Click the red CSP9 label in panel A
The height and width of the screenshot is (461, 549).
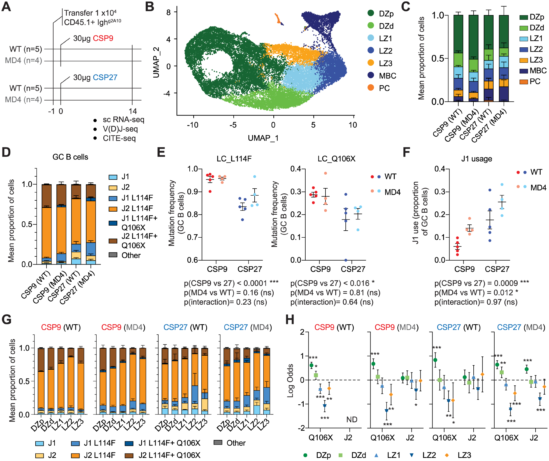[103, 38]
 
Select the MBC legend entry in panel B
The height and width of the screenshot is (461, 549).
[387, 76]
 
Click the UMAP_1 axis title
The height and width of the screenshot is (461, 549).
[263, 138]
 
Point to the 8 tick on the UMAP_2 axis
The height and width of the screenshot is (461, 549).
[168, 12]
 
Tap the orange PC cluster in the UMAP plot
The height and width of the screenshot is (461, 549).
[278, 18]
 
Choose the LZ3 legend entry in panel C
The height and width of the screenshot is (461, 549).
[536, 60]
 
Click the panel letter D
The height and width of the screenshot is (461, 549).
[6, 152]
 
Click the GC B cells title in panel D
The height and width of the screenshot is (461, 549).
[70, 157]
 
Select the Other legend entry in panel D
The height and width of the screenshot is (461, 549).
[131, 255]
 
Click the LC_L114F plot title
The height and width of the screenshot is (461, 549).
[234, 159]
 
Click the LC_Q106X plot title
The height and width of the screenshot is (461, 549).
[336, 159]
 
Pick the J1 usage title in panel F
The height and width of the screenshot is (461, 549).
[476, 159]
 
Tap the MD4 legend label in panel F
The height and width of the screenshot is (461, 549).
[538, 188]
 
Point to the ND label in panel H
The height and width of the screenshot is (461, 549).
[352, 420]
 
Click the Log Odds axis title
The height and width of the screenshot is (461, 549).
[290, 380]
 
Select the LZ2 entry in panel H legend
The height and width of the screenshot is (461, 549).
[429, 455]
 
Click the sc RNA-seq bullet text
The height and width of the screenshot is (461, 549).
[123, 120]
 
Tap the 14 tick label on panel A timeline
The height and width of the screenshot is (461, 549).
[132, 111]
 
